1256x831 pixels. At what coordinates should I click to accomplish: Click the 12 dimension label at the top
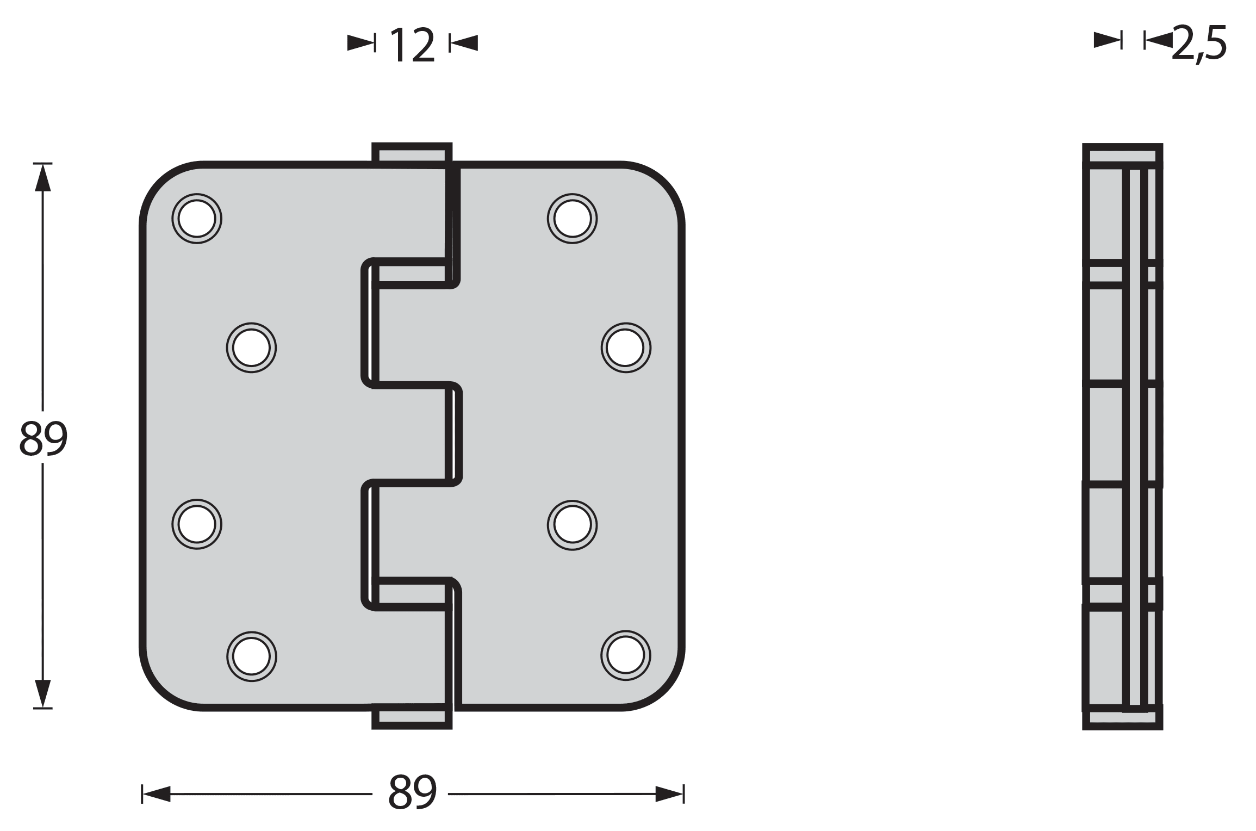coord(412,45)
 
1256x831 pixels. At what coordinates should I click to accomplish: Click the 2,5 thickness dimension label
coord(1199,44)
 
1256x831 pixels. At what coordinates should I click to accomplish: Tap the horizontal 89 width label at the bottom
coord(412,792)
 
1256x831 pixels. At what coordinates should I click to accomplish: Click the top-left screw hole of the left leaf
coord(197,218)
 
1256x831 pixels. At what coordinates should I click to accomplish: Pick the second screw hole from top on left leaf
coord(251,348)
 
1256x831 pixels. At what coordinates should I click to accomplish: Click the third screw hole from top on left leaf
coord(197,524)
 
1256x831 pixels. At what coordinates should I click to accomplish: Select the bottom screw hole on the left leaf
coord(251,656)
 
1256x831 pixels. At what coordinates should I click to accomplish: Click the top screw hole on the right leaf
coord(572,218)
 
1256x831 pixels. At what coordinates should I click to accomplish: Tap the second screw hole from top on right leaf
coord(626,348)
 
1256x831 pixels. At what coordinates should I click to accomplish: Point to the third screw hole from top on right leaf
coord(572,525)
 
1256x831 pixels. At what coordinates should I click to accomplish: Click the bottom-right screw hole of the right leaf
coord(626,655)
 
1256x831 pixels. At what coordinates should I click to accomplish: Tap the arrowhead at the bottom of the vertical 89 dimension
coord(43,693)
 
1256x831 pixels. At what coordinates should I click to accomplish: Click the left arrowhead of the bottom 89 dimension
coord(156,794)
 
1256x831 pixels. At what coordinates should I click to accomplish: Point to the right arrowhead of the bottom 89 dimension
coord(669,794)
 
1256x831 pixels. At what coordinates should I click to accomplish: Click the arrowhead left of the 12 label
coord(360,43)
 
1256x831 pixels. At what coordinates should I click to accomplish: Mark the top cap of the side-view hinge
coord(1123,154)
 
